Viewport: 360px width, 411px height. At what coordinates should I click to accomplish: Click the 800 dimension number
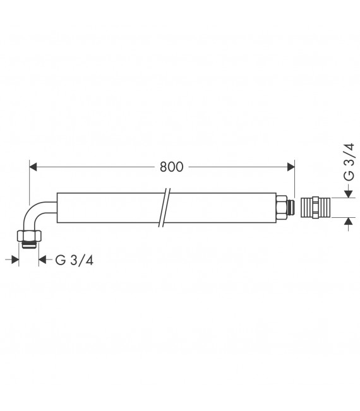pos(171,167)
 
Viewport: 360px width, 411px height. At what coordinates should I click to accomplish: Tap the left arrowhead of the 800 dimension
pos(35,167)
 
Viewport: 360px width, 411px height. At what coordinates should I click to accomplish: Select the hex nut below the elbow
pos(29,237)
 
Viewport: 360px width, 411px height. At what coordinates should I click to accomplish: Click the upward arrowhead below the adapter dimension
pos(348,221)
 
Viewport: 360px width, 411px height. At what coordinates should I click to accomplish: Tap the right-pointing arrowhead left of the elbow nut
pos(16,259)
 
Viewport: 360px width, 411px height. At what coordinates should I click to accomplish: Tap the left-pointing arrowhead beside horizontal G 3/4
pos(43,259)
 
